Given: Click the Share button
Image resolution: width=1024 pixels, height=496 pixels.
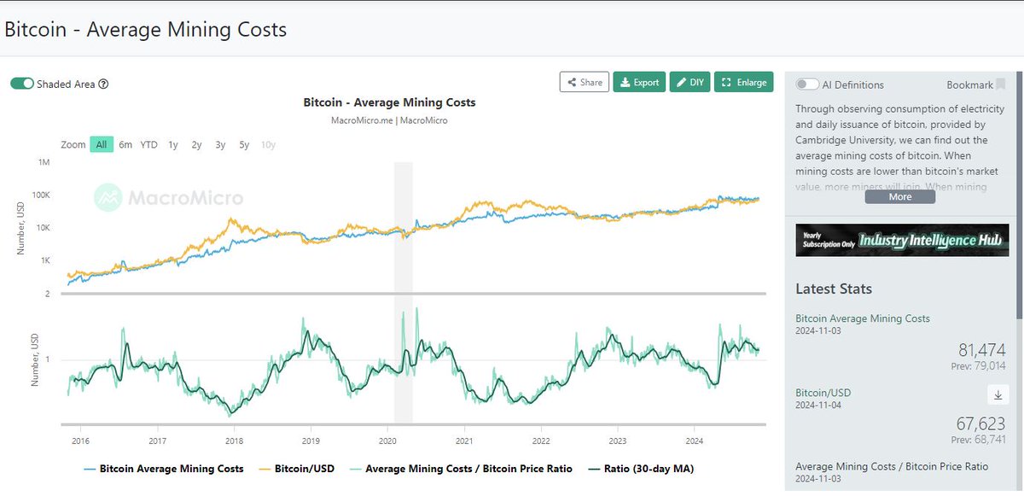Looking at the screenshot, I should pyautogui.click(x=585, y=82).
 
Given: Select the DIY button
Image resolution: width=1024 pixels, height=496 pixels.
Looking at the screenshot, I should pyautogui.click(x=689, y=82).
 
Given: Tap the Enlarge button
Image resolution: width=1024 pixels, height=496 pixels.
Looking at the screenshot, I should pyautogui.click(x=743, y=82).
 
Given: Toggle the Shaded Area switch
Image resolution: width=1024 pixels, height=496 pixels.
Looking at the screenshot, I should pyautogui.click(x=22, y=84).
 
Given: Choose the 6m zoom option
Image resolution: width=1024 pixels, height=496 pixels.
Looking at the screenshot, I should pyautogui.click(x=125, y=144).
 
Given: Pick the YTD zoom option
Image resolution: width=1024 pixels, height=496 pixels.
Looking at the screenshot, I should pyautogui.click(x=148, y=144).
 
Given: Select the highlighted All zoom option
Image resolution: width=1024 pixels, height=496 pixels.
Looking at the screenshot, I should pyautogui.click(x=101, y=144).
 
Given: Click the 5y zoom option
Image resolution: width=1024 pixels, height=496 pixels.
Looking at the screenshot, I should pyautogui.click(x=244, y=144).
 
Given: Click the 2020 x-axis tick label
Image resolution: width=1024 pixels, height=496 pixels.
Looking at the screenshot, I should pyautogui.click(x=387, y=441).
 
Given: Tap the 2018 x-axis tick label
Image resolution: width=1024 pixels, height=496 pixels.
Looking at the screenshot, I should pyautogui.click(x=234, y=441).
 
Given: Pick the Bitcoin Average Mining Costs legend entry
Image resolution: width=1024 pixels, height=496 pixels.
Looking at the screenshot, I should pyautogui.click(x=164, y=469).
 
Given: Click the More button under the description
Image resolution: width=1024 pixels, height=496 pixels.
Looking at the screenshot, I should pyautogui.click(x=900, y=196).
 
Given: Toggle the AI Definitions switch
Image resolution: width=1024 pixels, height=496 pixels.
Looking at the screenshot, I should pyautogui.click(x=807, y=85).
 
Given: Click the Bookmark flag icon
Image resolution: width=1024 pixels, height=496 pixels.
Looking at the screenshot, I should pyautogui.click(x=1001, y=85).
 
